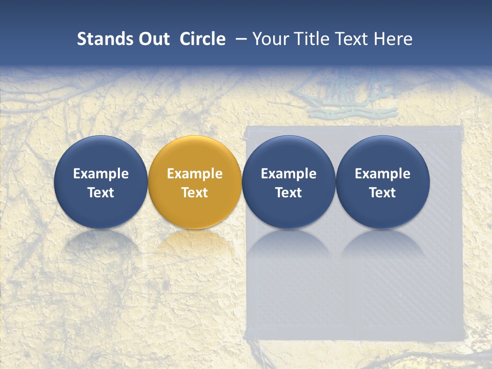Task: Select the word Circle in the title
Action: (202, 39)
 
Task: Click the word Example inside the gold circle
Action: (195, 174)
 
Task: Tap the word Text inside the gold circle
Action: (195, 193)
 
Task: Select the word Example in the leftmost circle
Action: (100, 174)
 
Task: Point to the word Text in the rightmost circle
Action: (383, 193)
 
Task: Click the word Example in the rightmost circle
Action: (383, 174)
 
